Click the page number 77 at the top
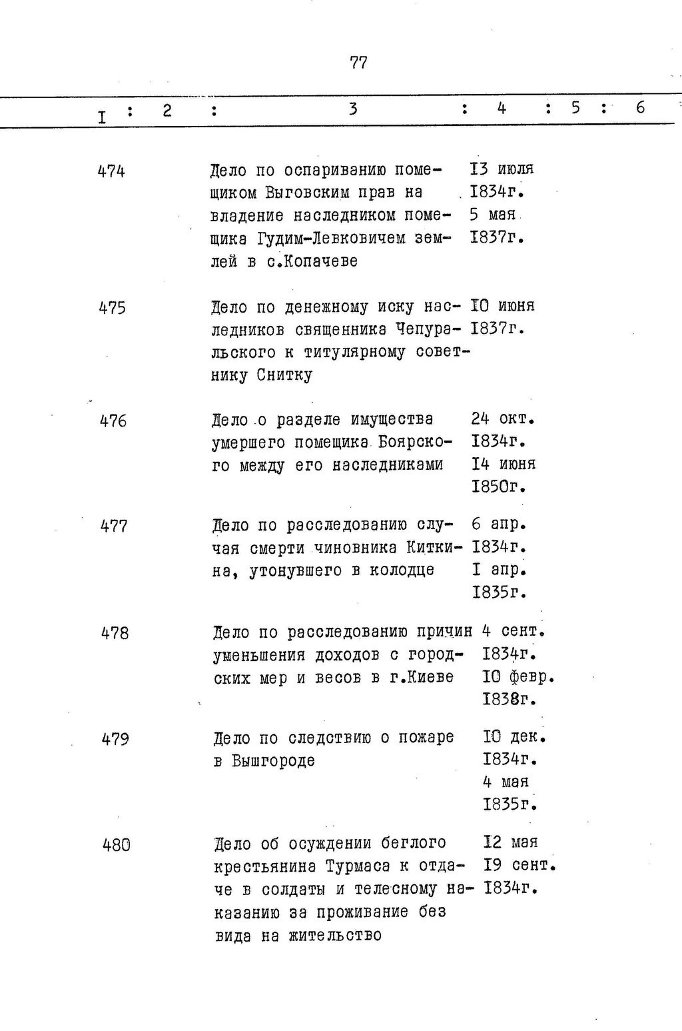pos(358,63)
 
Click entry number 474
pos(111,171)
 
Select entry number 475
pos(112,309)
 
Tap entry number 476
pos(113,421)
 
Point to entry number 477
pos(114,526)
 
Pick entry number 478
pos(115,633)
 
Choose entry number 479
pos(115,739)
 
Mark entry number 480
pos(117,845)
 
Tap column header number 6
pos(640,107)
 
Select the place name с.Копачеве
pos(312,262)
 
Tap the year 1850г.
pos(499,487)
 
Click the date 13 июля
pos(502,169)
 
